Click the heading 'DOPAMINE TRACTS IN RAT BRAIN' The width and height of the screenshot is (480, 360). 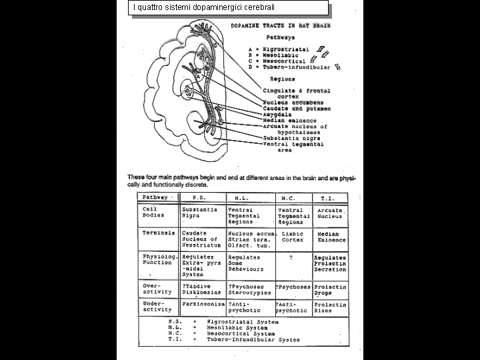click(280, 26)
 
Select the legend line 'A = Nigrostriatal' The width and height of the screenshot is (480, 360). click(277, 49)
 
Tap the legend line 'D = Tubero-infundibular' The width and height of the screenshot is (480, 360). click(289, 67)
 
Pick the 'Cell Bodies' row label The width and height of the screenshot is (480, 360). click(154, 213)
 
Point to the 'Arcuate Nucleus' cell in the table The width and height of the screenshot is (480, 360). click(330, 213)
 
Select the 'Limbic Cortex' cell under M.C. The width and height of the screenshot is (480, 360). click(293, 237)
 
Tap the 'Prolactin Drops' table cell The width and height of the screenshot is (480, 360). click(331, 289)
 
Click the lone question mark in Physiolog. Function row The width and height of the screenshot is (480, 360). click(291, 257)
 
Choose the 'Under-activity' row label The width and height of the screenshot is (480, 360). click(157, 307)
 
